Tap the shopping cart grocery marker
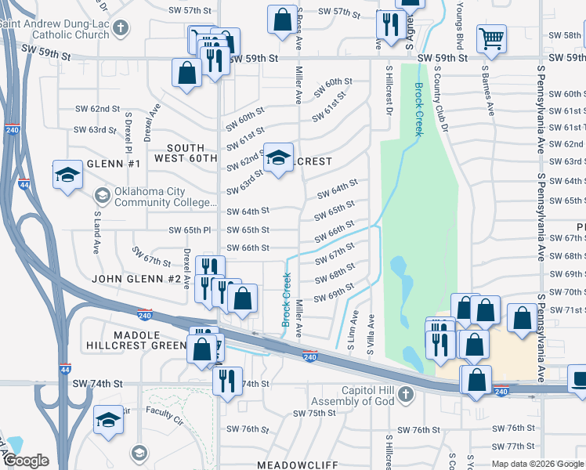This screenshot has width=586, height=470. click(x=491, y=38)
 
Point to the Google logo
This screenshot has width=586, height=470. click(x=25, y=461)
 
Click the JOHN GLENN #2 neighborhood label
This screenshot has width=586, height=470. click(x=138, y=279)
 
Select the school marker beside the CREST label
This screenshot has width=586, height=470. click(x=278, y=157)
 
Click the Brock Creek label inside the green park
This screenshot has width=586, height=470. click(x=419, y=110)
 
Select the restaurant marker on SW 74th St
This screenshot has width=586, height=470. click(x=228, y=381)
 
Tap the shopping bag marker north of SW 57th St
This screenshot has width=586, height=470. click(x=282, y=20)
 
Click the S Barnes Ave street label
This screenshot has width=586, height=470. click(x=486, y=90)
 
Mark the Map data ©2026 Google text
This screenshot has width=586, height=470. click(x=537, y=464)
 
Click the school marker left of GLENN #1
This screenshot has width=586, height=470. click(x=68, y=174)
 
